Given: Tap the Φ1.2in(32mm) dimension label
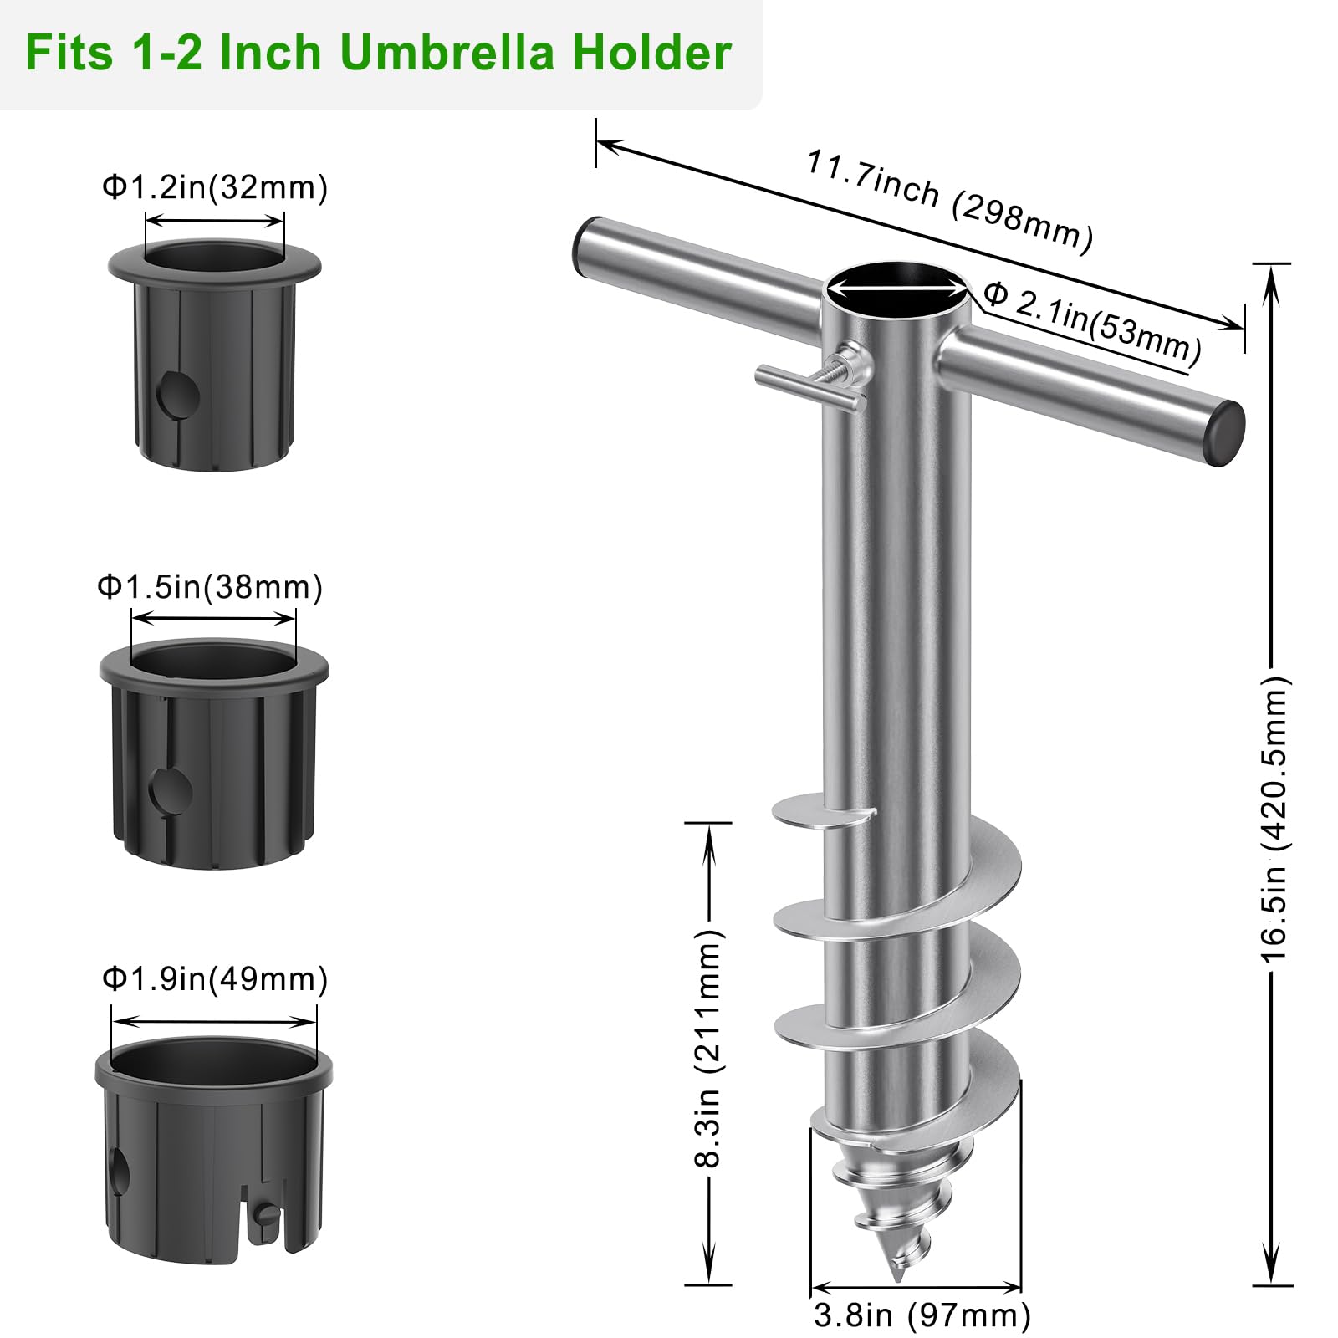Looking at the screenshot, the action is click(x=215, y=186).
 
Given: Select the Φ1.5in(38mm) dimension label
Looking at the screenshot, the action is click(x=210, y=586).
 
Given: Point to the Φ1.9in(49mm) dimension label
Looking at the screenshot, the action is click(x=215, y=978).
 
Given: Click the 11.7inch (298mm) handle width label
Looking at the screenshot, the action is click(x=949, y=201).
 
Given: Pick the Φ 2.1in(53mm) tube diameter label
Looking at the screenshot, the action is click(x=1092, y=323).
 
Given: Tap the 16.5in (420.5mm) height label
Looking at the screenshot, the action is click(x=1274, y=819).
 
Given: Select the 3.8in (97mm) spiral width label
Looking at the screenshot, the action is click(x=922, y=1315).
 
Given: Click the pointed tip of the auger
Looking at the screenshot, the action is click(x=897, y=1279).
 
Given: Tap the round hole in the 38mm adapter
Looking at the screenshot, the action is click(x=171, y=791).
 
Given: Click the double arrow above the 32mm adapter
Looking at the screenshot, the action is click(x=215, y=221).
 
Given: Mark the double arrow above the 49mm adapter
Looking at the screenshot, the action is click(x=215, y=1021).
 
